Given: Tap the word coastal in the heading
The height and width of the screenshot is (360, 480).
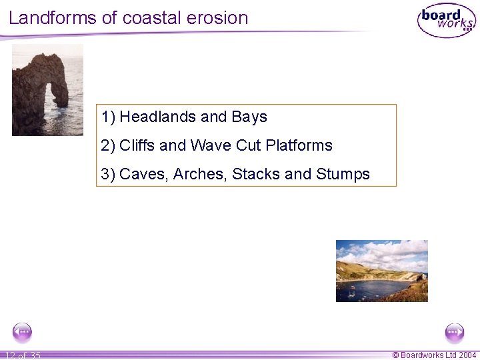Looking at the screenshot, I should (152, 17).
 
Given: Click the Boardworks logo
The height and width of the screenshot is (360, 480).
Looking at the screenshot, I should (446, 21).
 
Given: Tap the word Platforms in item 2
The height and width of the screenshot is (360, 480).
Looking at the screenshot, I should (299, 145).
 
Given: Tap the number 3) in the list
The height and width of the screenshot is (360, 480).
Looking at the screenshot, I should (108, 175).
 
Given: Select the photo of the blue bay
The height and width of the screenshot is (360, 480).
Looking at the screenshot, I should (381, 271).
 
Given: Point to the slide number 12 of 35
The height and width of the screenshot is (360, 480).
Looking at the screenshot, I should (23, 355).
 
